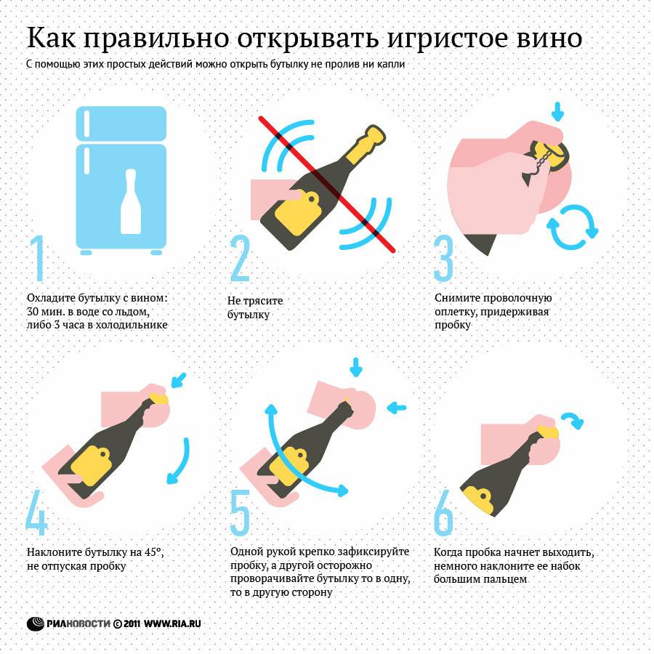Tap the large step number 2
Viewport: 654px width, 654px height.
[240, 258]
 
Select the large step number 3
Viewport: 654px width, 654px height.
[443, 258]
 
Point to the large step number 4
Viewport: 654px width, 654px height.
[36, 514]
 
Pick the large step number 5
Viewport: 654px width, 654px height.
[240, 514]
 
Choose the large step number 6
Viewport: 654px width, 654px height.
[443, 514]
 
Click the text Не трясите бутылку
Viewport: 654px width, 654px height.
[254, 307]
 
